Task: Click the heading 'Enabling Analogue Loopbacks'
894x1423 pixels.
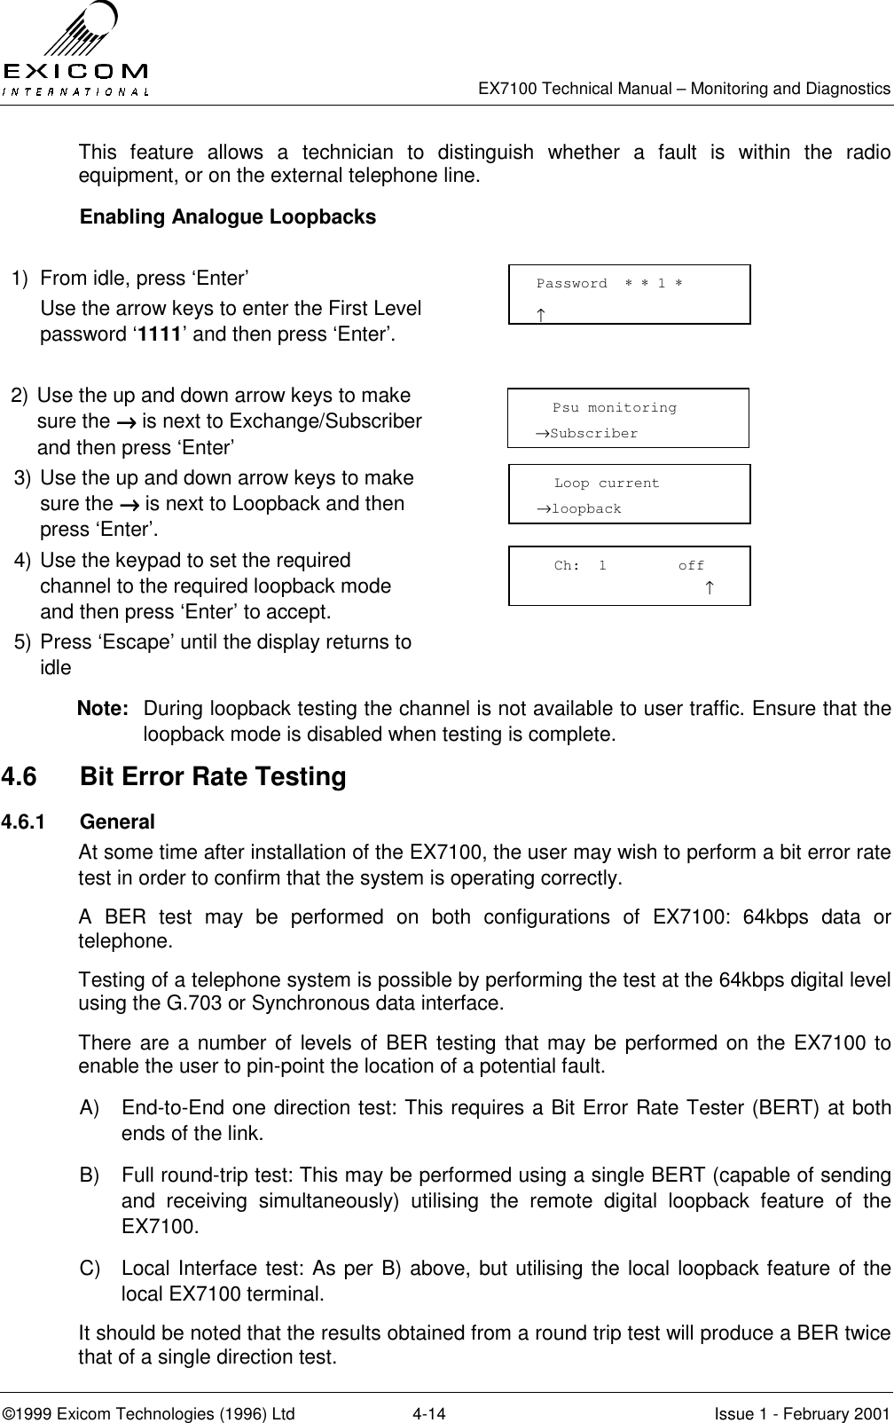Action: pyautogui.click(x=228, y=217)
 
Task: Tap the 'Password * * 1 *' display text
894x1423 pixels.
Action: pyautogui.click(x=609, y=284)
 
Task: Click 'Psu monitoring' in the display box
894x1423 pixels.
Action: pyautogui.click(x=614, y=408)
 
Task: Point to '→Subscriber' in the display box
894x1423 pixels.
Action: pyautogui.click(x=585, y=434)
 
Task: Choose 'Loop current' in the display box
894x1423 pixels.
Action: pyautogui.click(x=607, y=484)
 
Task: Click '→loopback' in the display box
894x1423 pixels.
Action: pyautogui.click(x=577, y=509)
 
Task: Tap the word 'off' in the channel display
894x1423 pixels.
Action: pyautogui.click(x=691, y=565)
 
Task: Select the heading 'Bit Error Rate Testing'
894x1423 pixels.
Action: pyautogui.click(x=213, y=777)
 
